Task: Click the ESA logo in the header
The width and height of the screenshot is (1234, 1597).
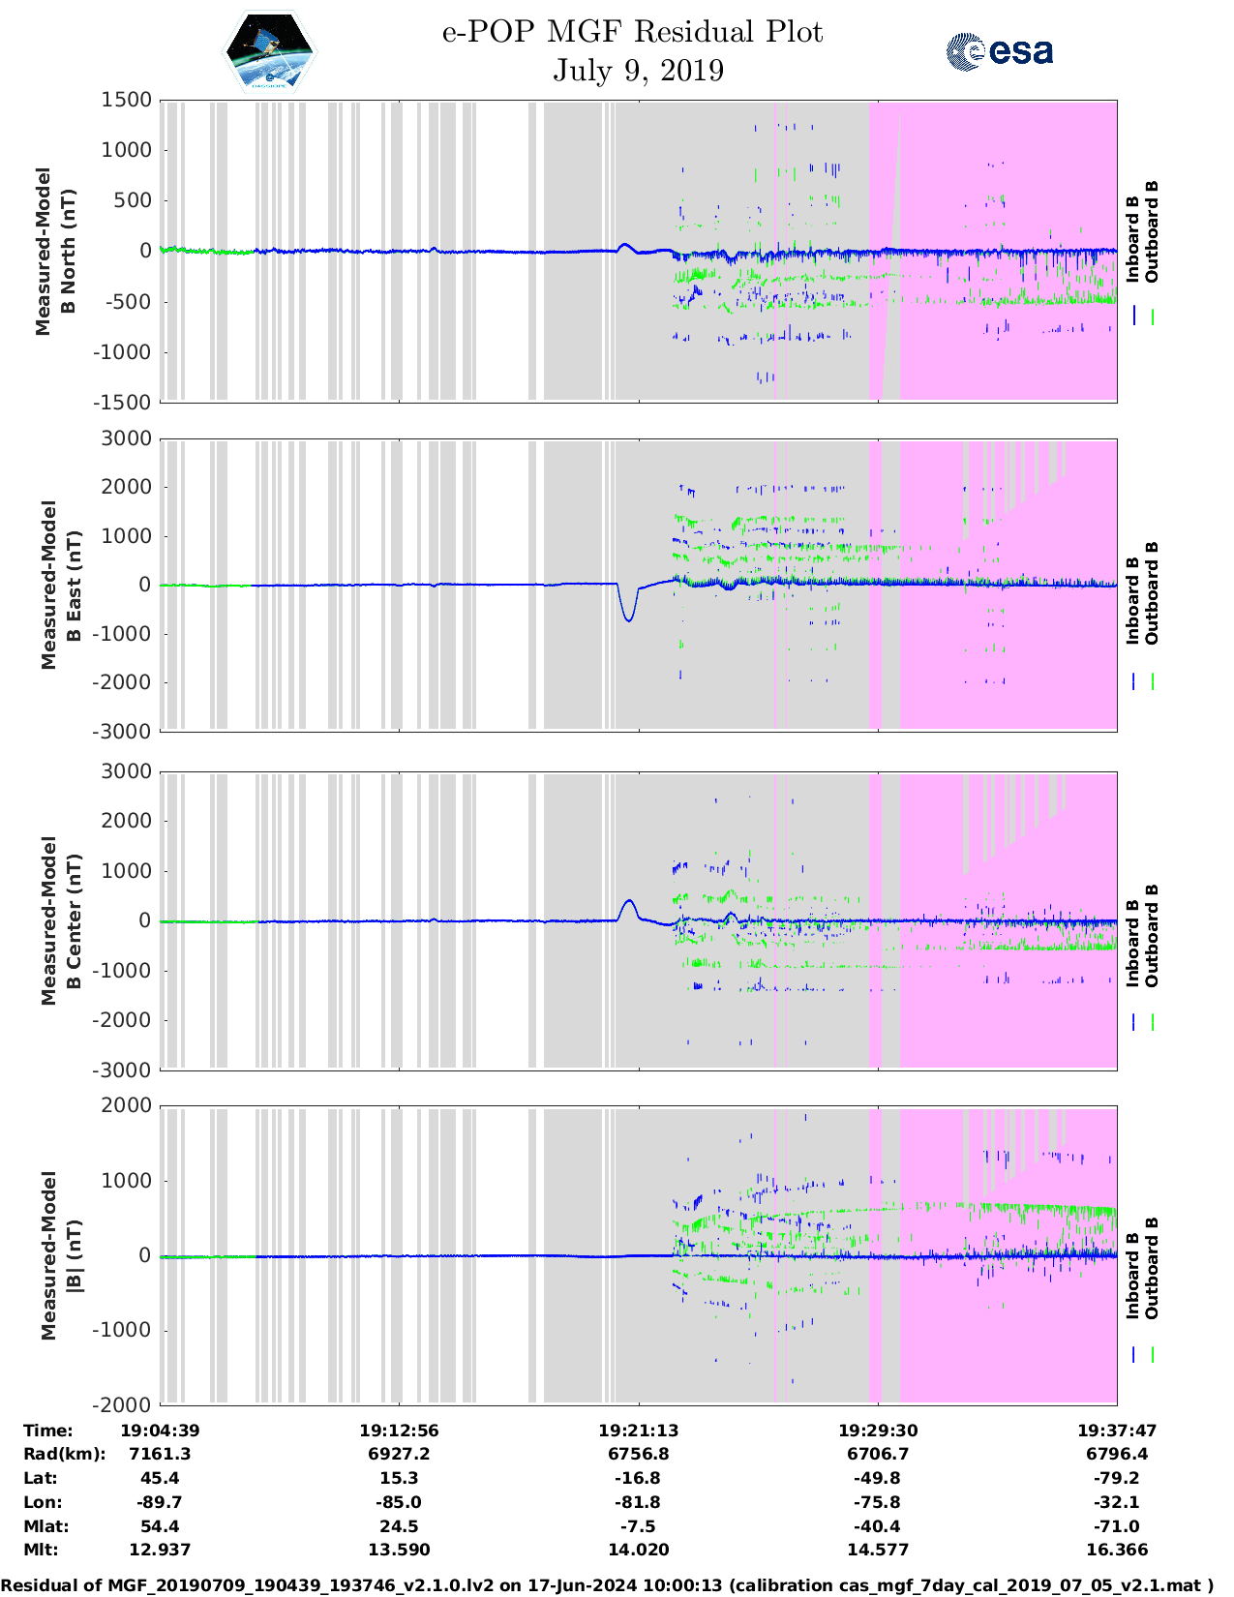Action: coord(1000,51)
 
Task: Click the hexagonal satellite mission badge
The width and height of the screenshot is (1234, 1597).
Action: coord(270,52)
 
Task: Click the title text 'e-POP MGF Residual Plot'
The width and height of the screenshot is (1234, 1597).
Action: coord(632,32)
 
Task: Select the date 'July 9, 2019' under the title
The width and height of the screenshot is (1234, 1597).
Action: coord(638,71)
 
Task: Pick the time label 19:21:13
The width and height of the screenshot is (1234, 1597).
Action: coord(638,1430)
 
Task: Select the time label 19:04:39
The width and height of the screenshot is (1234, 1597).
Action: coord(160,1430)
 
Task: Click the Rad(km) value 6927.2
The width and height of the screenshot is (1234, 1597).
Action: coord(399,1454)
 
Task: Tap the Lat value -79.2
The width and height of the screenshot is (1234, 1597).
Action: coord(1117,1478)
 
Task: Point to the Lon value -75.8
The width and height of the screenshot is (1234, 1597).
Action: coord(878,1502)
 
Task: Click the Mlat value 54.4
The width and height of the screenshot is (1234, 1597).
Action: coord(160,1526)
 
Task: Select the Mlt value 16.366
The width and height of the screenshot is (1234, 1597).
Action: coord(1117,1550)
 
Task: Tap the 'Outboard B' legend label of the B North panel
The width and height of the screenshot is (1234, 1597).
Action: coord(1152,232)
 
